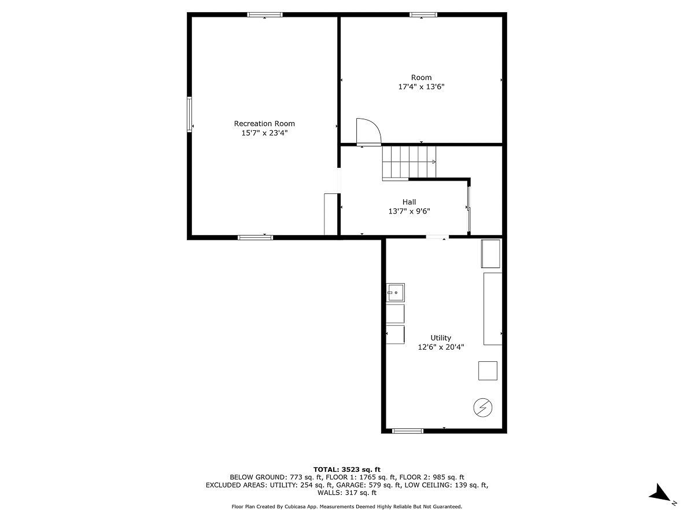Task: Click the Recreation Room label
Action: tap(264, 123)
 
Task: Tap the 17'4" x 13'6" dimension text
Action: tap(421, 87)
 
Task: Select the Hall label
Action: tap(409, 202)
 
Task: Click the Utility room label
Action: tap(441, 338)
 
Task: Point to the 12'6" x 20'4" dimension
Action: tap(441, 347)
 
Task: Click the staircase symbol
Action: tap(408, 163)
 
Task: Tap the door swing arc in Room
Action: tap(368, 131)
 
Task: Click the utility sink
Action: tap(396, 292)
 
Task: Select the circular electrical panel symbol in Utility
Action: tap(482, 408)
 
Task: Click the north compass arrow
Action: tap(659, 494)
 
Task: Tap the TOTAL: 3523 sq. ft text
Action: tap(346, 469)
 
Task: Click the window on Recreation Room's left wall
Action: tap(189, 114)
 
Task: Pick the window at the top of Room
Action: tap(423, 15)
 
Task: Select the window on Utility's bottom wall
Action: tap(408, 431)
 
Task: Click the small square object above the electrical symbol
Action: tap(488, 370)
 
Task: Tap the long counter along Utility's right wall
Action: tap(493, 309)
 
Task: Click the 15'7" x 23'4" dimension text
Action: tap(264, 133)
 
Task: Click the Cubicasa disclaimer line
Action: tap(346, 507)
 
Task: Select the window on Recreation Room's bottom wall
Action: tap(255, 237)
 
